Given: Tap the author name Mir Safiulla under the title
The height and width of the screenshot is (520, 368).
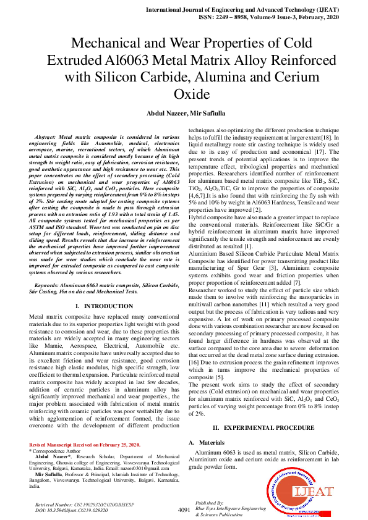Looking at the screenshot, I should (x=205, y=114).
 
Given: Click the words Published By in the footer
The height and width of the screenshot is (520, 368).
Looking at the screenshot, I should (x=208, y=503).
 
